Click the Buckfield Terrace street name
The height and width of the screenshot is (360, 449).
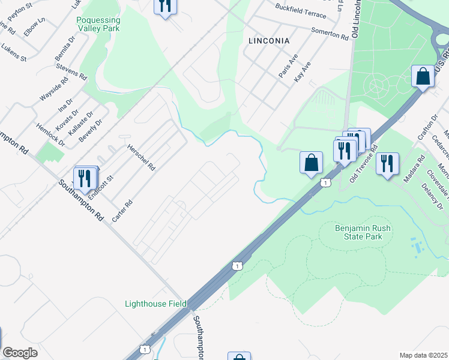coord(300,10)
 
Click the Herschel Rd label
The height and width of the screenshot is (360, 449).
coord(140,158)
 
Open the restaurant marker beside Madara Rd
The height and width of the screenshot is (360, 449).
coord(387,163)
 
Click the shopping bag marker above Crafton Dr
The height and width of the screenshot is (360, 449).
coord(423,76)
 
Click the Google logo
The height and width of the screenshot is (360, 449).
coord(20,352)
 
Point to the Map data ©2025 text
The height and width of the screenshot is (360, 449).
coord(423,355)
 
